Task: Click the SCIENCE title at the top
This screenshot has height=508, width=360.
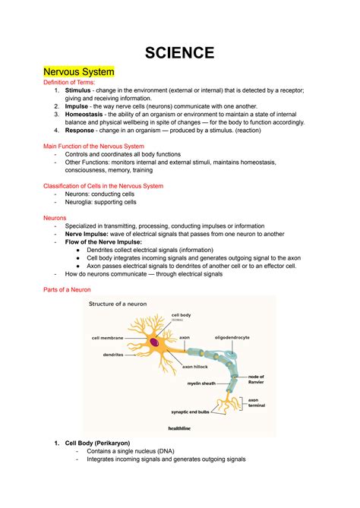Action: click(x=180, y=52)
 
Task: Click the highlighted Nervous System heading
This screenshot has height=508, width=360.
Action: click(x=79, y=72)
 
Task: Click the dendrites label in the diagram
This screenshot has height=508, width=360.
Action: click(x=113, y=355)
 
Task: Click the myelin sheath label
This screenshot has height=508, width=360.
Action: click(x=203, y=383)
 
